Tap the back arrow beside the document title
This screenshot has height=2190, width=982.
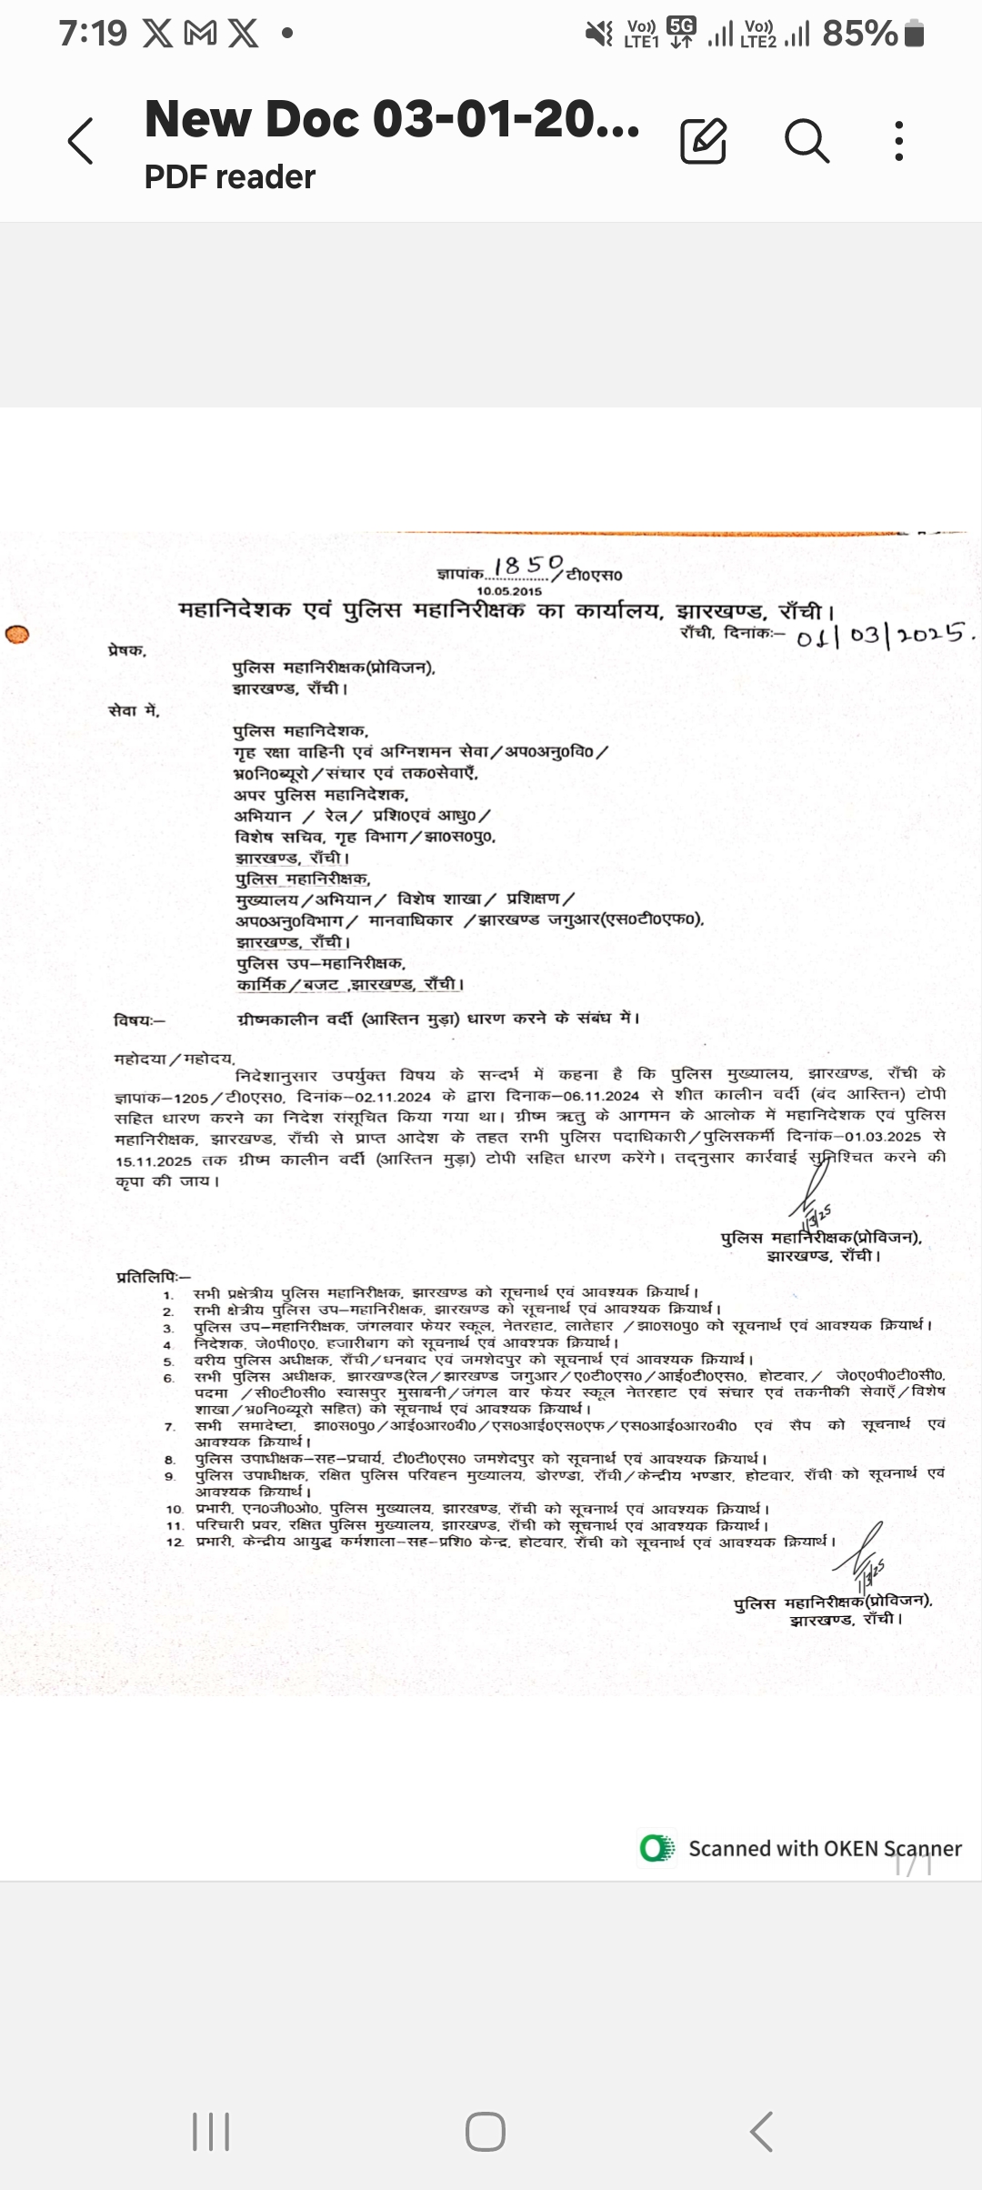click(81, 141)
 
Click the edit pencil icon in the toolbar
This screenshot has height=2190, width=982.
click(703, 141)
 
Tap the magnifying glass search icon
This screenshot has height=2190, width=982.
click(806, 141)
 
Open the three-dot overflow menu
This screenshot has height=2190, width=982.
click(898, 141)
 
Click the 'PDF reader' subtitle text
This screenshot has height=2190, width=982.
click(229, 176)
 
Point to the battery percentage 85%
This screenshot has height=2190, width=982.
click(859, 35)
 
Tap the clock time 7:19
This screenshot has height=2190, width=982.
click(93, 34)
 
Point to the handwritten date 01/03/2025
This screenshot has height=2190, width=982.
click(884, 635)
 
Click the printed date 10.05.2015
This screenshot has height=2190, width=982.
click(509, 591)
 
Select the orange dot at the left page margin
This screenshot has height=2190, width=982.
click(17, 634)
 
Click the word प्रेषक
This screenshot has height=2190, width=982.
click(126, 650)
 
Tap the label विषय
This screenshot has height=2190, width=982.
click(139, 1020)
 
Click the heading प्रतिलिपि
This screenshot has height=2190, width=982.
click(153, 1277)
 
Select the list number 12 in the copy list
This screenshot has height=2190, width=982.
click(175, 1542)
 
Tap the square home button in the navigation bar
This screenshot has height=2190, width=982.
click(485, 2131)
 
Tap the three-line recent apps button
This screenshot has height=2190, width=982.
click(211, 2131)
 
